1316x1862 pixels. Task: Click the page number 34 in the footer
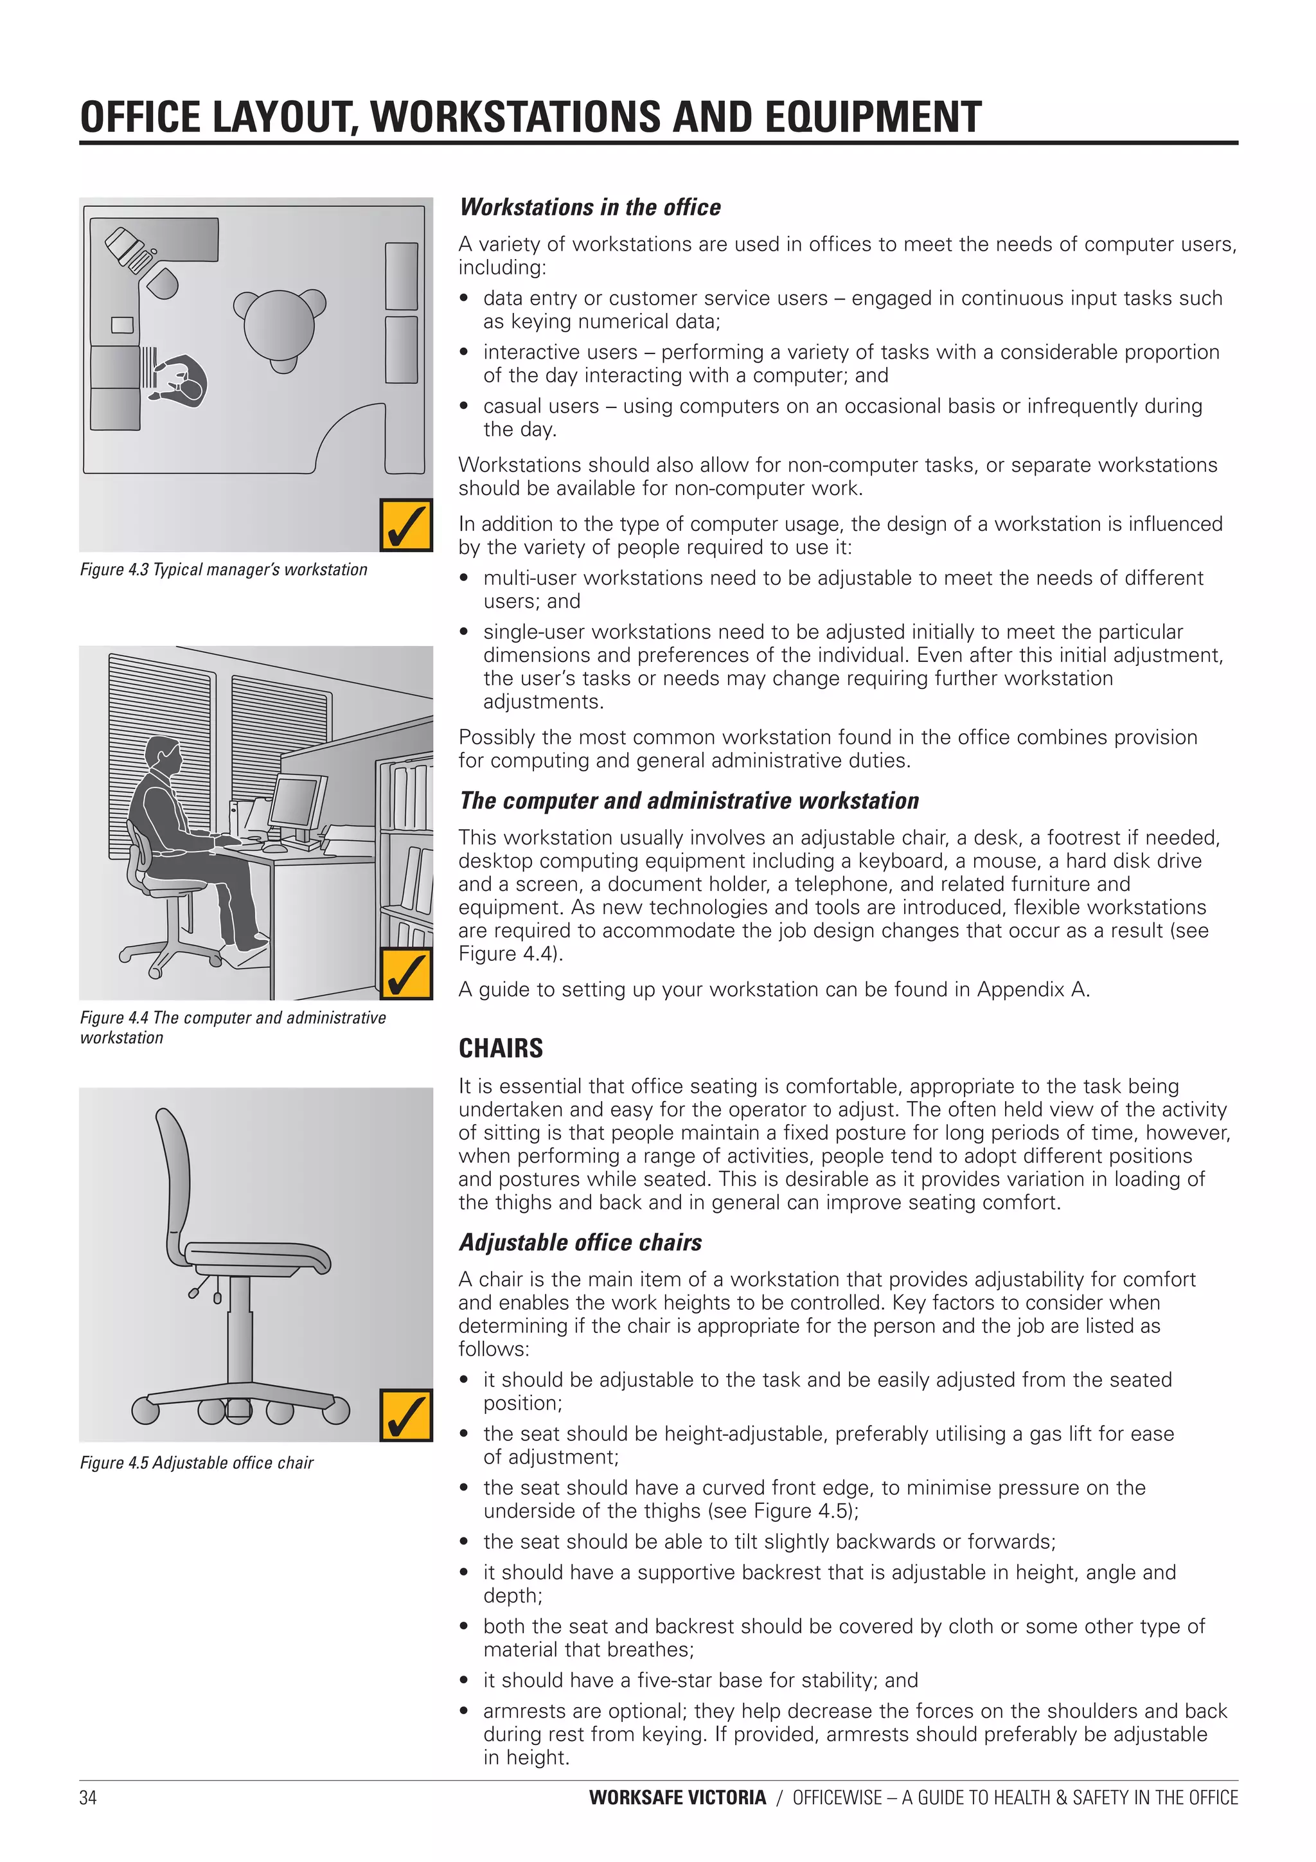[x=87, y=1798]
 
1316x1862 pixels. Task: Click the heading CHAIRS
[x=501, y=1048]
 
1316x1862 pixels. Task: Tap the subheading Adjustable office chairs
[x=580, y=1242]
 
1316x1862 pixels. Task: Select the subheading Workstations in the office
[x=589, y=208]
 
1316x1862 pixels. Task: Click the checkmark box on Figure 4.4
[x=405, y=973]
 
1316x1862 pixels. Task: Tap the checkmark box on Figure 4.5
[x=405, y=1415]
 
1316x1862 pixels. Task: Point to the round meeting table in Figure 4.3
[x=279, y=326]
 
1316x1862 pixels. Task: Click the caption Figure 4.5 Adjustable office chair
[x=196, y=1463]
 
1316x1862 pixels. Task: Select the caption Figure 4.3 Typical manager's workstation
[x=223, y=569]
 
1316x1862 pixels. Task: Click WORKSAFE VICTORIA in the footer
[x=677, y=1798]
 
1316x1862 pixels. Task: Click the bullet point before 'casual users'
[x=464, y=406]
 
